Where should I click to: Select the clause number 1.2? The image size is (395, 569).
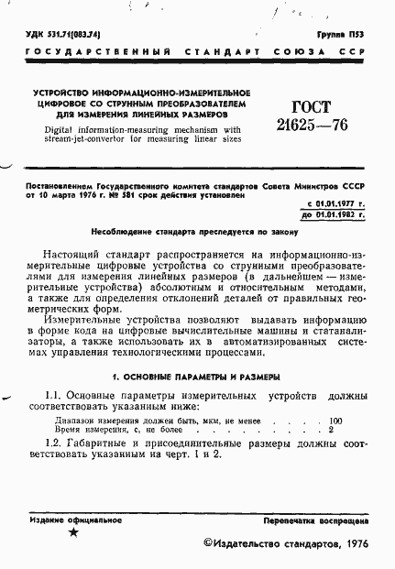click(54, 443)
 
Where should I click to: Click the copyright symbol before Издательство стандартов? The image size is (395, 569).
click(207, 545)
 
